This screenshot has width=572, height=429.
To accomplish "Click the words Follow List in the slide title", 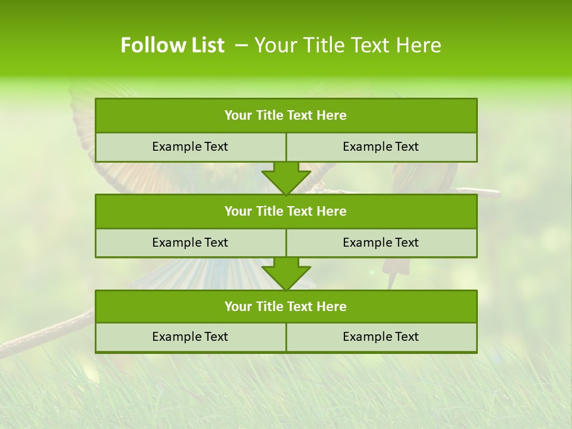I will [x=172, y=45].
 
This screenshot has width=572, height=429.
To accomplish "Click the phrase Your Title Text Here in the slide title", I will [x=348, y=45].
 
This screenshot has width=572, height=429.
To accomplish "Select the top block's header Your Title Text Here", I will [x=285, y=116].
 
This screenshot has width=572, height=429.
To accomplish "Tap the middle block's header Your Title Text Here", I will [x=285, y=211].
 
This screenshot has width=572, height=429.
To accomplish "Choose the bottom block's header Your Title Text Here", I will [x=285, y=306].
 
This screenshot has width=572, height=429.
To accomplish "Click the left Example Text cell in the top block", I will [x=190, y=147].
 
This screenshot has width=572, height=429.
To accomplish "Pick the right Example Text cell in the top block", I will [x=381, y=147].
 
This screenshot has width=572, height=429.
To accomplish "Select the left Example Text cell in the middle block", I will [x=190, y=243].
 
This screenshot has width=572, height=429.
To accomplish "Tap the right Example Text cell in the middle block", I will [x=381, y=243].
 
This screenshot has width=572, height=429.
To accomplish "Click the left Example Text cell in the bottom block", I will [x=190, y=337].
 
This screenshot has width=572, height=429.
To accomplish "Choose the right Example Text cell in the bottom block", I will [x=381, y=337].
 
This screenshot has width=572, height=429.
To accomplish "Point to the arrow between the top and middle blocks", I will [x=286, y=178].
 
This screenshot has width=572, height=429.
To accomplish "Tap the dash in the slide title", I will [x=241, y=45].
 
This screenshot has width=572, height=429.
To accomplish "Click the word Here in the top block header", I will [x=332, y=116].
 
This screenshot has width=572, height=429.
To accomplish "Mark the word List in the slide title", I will [x=206, y=45].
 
